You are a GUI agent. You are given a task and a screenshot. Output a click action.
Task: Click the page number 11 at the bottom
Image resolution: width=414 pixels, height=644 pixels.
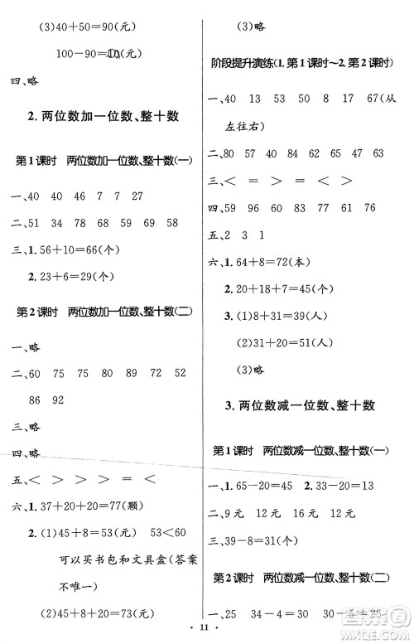point(205,633)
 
